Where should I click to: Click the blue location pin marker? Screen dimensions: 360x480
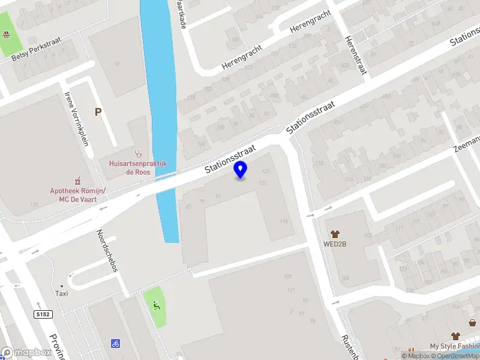pos(241,170)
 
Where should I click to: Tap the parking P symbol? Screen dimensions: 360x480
pos(98,112)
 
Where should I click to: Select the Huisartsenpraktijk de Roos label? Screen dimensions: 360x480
pos(137,167)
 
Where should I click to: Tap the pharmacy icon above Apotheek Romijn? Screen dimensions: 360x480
pos(77,180)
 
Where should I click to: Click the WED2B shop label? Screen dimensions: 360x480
pos(335,244)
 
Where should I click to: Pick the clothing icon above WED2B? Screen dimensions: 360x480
pos(335,233)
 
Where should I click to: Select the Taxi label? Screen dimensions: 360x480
pos(62,293)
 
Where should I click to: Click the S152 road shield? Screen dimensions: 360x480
pos(42,314)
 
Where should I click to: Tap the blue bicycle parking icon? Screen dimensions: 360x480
pos(115,344)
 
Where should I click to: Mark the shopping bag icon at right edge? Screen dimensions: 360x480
pos(473,323)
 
